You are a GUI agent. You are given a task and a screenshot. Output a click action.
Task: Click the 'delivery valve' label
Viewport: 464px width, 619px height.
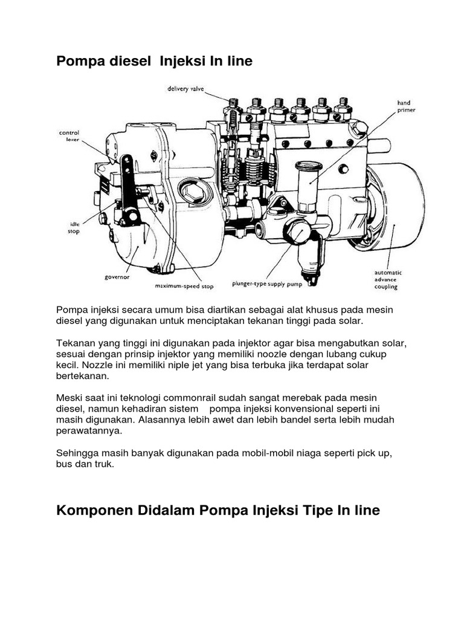pyautogui.click(x=186, y=89)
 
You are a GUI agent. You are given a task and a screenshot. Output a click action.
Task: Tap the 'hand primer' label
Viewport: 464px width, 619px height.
pyautogui.click(x=404, y=107)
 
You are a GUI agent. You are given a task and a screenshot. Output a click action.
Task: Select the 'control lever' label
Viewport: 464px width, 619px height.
pyautogui.click(x=69, y=135)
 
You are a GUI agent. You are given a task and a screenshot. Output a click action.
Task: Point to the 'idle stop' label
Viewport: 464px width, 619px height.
pyautogui.click(x=73, y=227)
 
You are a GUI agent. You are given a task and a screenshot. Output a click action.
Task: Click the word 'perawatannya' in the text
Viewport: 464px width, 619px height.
pyautogui.click(x=89, y=431)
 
